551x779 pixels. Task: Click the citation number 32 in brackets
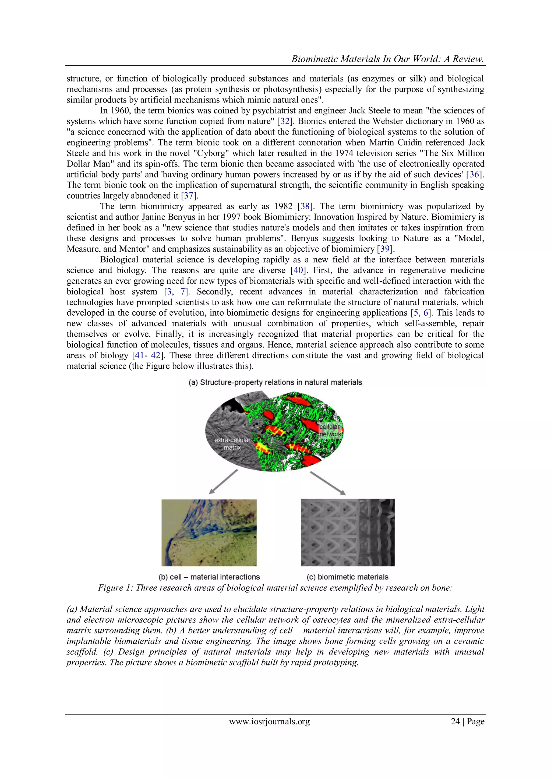[x=285, y=121]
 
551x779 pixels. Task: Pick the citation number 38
[x=305, y=206]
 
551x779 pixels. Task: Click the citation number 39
[x=385, y=249]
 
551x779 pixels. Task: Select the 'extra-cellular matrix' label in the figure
[x=232, y=443]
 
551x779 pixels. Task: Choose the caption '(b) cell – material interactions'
[x=209, y=577]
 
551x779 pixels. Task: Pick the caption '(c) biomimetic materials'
[x=347, y=577]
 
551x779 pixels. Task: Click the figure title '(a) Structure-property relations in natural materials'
[x=275, y=382]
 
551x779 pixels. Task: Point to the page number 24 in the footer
[x=455, y=722]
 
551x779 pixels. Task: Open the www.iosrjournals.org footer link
[x=269, y=722]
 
